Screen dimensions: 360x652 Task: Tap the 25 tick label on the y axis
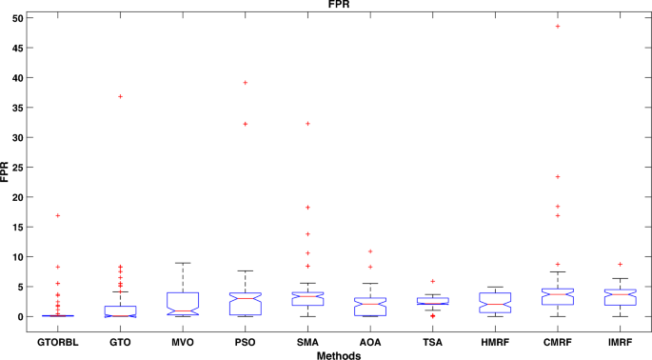click(x=16, y=167)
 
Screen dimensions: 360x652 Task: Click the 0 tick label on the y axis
click(x=19, y=316)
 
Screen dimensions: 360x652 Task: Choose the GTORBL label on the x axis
click(x=58, y=339)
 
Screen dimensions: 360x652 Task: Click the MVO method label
click(x=183, y=339)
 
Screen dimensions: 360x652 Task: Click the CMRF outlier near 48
click(x=558, y=27)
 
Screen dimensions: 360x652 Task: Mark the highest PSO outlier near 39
click(x=246, y=83)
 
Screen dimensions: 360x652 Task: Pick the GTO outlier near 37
click(x=120, y=96)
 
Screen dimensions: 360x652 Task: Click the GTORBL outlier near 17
click(x=58, y=216)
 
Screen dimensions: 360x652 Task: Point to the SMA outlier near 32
click(x=307, y=124)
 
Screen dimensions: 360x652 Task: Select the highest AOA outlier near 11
click(x=370, y=251)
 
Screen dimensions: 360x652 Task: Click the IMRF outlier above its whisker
click(x=621, y=265)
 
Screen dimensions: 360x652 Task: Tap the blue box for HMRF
click(x=495, y=303)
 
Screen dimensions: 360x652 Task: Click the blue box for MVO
click(x=183, y=304)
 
